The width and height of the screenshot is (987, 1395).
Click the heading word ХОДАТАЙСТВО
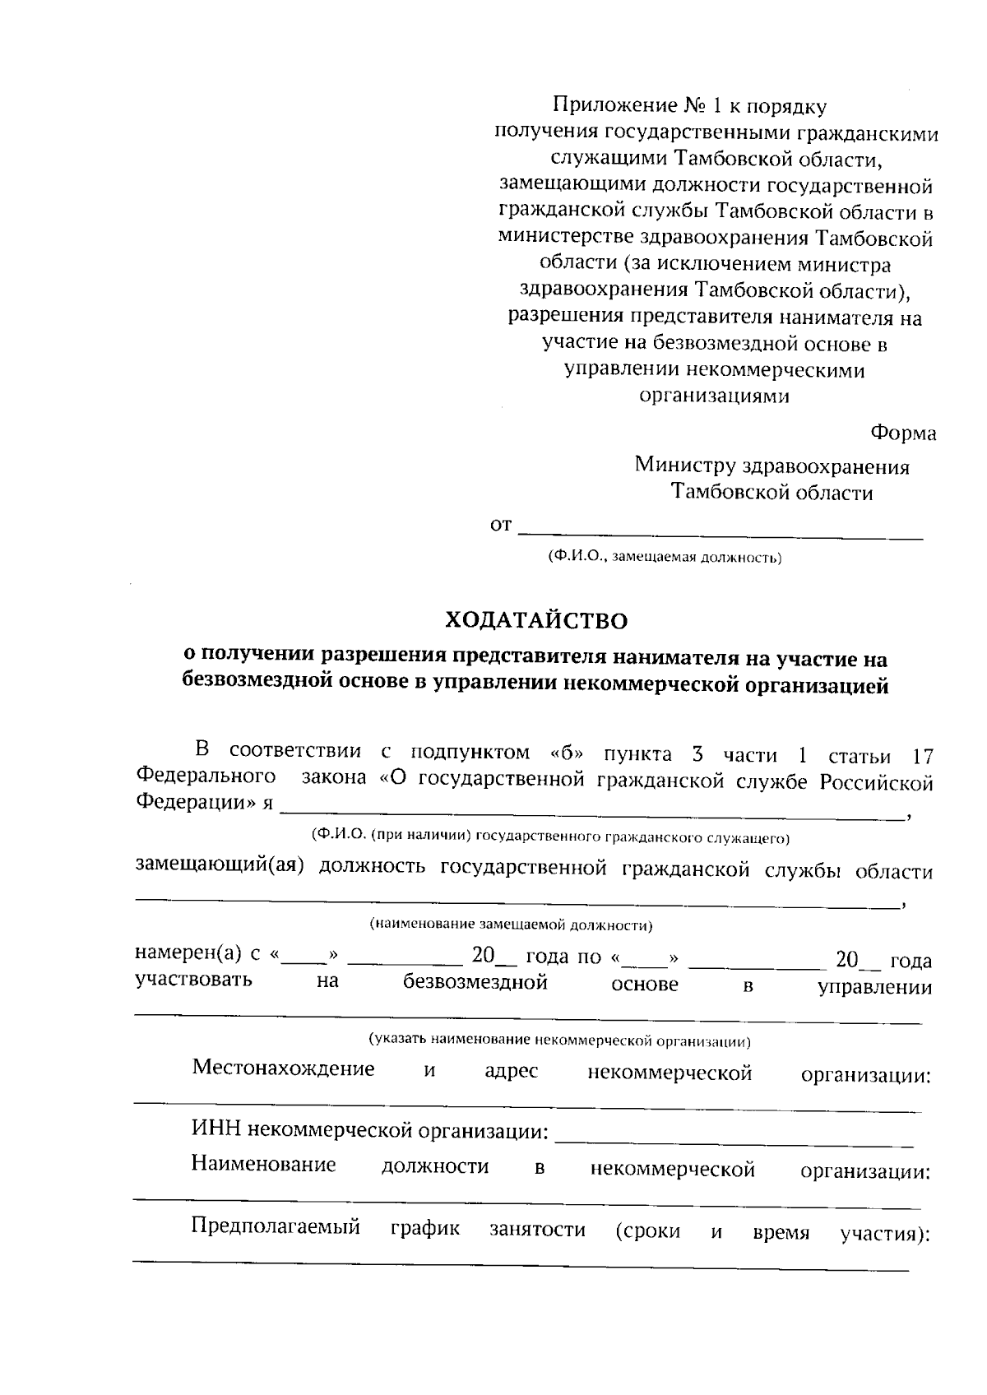535,620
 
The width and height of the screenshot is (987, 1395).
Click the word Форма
902,433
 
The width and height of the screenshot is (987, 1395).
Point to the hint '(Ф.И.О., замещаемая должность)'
665,558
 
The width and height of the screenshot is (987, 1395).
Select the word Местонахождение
283,1068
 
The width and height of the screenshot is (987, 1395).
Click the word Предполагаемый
276,1227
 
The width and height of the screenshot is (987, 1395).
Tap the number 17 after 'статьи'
923,755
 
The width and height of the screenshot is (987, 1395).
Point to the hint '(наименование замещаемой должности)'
511,925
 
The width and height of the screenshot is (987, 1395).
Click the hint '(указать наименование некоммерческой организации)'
559,1040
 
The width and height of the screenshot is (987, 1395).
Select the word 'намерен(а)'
188,953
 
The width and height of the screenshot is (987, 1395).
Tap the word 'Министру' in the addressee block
684,466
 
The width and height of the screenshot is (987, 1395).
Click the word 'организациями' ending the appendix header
714,396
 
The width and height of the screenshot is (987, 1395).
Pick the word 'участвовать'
194,980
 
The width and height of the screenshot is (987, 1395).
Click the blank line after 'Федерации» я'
591,813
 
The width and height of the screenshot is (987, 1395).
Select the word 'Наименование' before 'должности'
263,1165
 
